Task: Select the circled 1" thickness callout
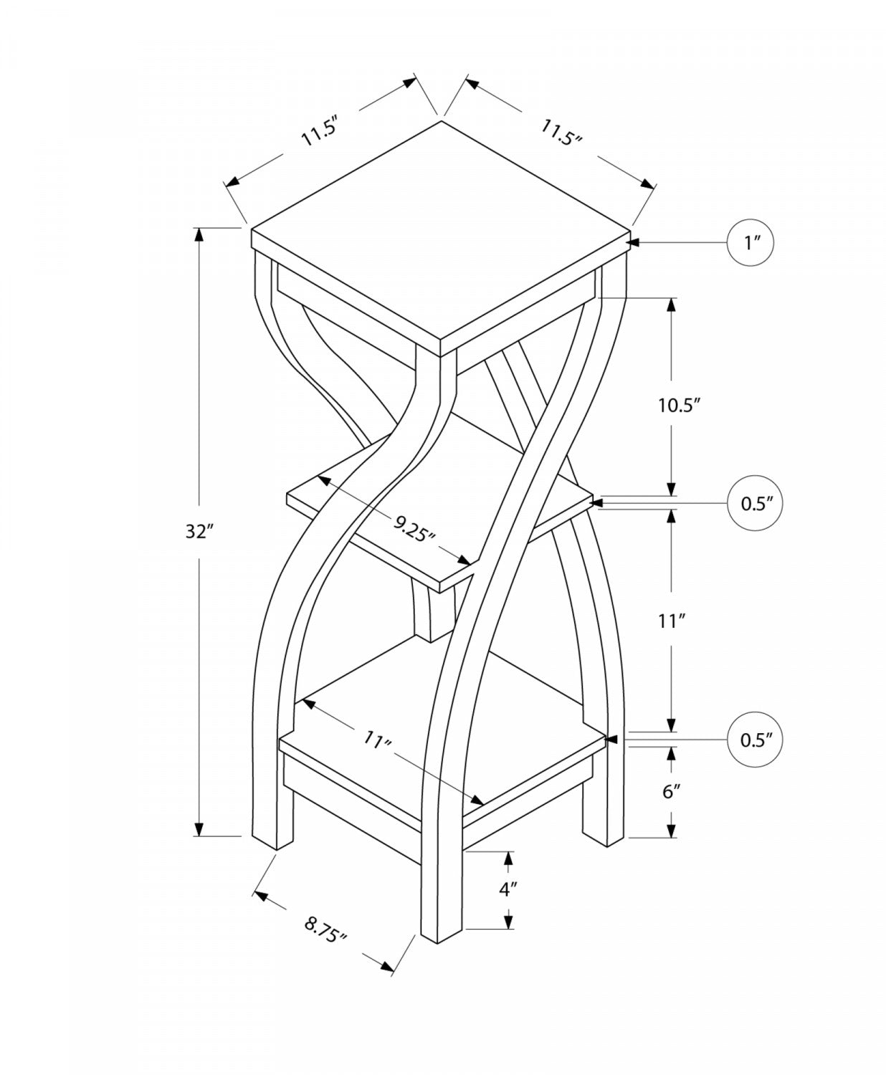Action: tap(751, 243)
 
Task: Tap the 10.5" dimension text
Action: tap(678, 405)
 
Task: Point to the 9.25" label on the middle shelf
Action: tap(415, 531)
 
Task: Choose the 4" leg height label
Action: tap(508, 890)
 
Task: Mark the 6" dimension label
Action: tap(670, 791)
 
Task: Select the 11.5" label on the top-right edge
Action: tap(561, 133)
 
